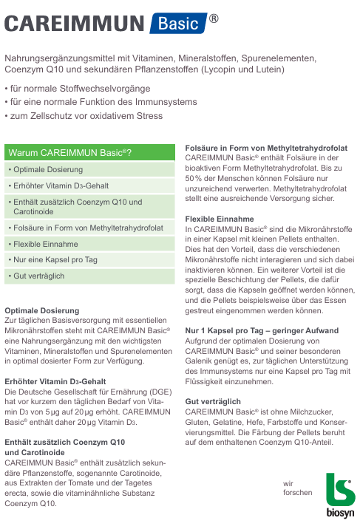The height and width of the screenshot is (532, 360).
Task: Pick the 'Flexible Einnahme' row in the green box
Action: click(x=42, y=244)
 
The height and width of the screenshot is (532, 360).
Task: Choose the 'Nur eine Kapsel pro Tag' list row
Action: click(x=52, y=260)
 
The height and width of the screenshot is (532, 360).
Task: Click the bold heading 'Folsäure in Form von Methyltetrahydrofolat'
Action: click(x=266, y=148)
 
